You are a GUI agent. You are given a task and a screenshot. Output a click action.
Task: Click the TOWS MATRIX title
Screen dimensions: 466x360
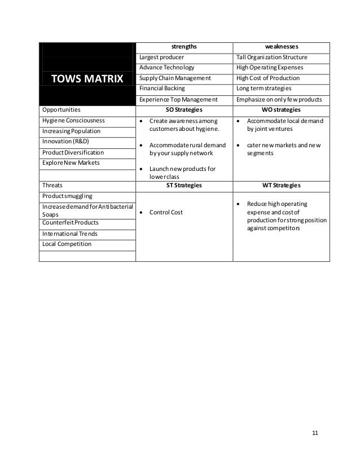coord(87,78)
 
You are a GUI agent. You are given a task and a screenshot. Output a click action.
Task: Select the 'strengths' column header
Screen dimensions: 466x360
coord(185,46)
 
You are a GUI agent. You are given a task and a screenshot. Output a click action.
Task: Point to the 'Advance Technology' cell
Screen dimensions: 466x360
coord(166,68)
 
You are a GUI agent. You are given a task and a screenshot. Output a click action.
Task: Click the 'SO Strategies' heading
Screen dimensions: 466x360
coord(185,109)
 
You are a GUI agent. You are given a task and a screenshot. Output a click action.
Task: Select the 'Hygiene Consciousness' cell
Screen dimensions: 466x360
coord(71,120)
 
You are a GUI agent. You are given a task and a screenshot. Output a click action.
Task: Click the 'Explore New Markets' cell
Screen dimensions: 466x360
coord(71,163)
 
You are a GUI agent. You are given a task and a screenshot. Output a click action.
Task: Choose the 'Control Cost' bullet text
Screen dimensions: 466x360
coord(166,212)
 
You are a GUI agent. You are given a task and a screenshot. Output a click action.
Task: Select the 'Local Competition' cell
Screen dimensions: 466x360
coord(67,244)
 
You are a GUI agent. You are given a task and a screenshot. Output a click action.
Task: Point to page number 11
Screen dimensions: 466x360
coord(315,433)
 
